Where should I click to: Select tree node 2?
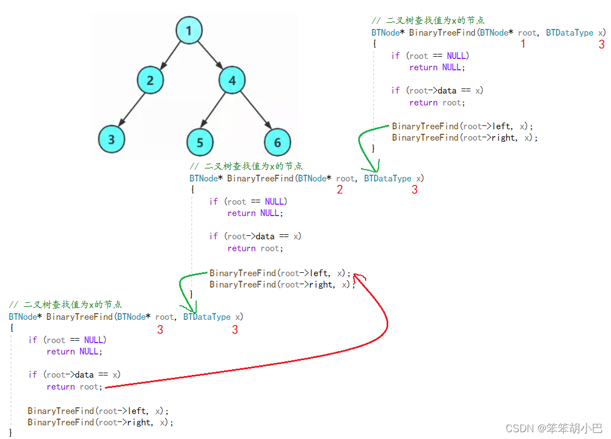click(150, 80)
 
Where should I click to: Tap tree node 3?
click(112, 139)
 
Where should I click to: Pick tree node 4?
click(232, 81)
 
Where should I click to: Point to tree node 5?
click(200, 142)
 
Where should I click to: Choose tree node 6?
click(277, 142)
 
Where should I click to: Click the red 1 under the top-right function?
click(523, 44)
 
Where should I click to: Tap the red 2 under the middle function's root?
click(340, 189)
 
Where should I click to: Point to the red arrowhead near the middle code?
click(358, 277)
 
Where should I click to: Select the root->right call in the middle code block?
click(282, 285)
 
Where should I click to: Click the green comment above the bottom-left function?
click(65, 305)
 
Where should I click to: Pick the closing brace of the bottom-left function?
click(11, 433)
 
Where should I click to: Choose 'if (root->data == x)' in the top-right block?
click(437, 91)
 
